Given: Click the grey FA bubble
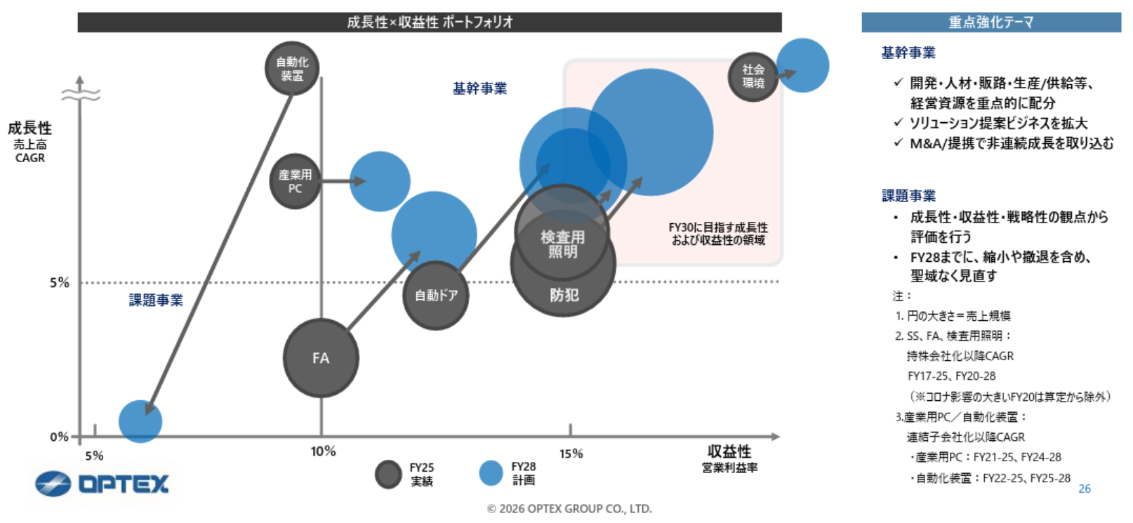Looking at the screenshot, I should [x=321, y=358].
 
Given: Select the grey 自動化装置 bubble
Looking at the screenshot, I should [x=292, y=69].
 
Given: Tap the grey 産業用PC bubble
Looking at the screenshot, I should [x=295, y=181].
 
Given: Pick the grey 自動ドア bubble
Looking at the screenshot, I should [x=436, y=296].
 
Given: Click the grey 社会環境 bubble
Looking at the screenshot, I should [x=753, y=76].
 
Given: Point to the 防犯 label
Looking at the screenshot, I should [x=564, y=296].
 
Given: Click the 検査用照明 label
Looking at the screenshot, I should [x=562, y=244].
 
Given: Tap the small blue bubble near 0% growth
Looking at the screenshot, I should [x=140, y=421].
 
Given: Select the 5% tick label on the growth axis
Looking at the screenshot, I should [x=60, y=283].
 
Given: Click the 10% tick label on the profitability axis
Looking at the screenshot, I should [x=323, y=451].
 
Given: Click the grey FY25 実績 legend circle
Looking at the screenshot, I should [x=388, y=475].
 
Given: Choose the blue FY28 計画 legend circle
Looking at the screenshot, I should [x=491, y=473].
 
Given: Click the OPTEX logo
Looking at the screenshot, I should [x=102, y=484].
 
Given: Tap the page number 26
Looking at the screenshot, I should [x=1084, y=489].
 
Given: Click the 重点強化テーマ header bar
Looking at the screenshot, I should [x=990, y=22].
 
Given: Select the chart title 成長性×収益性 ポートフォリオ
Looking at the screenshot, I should [x=429, y=22].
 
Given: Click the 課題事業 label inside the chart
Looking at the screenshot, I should [x=156, y=300].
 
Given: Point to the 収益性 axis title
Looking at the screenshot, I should [x=729, y=451].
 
